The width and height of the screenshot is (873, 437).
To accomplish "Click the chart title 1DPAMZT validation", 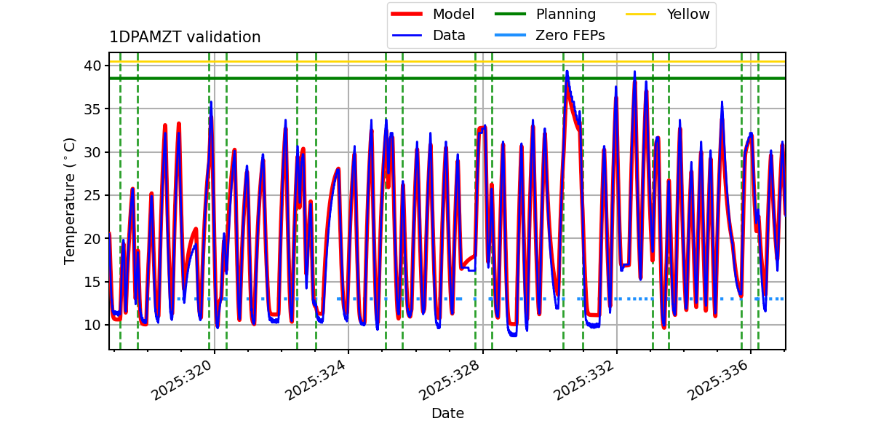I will [x=185, y=37].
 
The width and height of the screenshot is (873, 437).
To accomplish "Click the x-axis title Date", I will [x=447, y=414].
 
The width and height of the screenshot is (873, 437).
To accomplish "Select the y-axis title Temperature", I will [x=71, y=200].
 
